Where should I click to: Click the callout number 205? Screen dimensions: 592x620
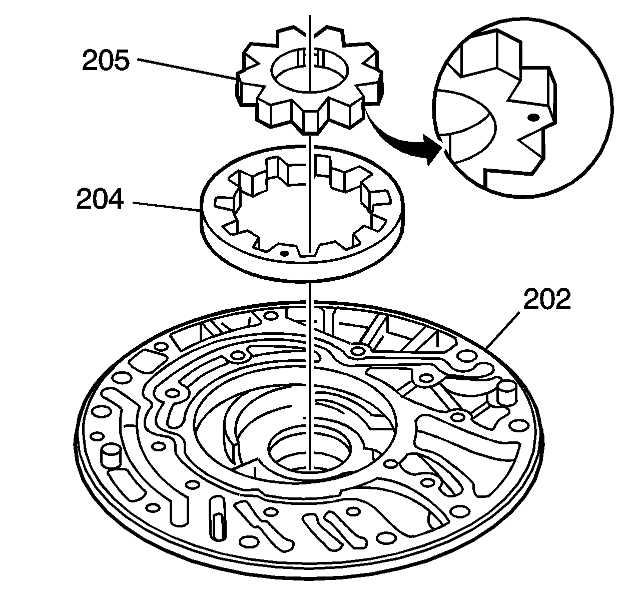[x=106, y=62]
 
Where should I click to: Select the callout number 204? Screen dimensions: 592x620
[x=99, y=201]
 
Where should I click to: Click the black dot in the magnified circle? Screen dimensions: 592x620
[x=533, y=117]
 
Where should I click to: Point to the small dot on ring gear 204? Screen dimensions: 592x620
[x=284, y=253]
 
